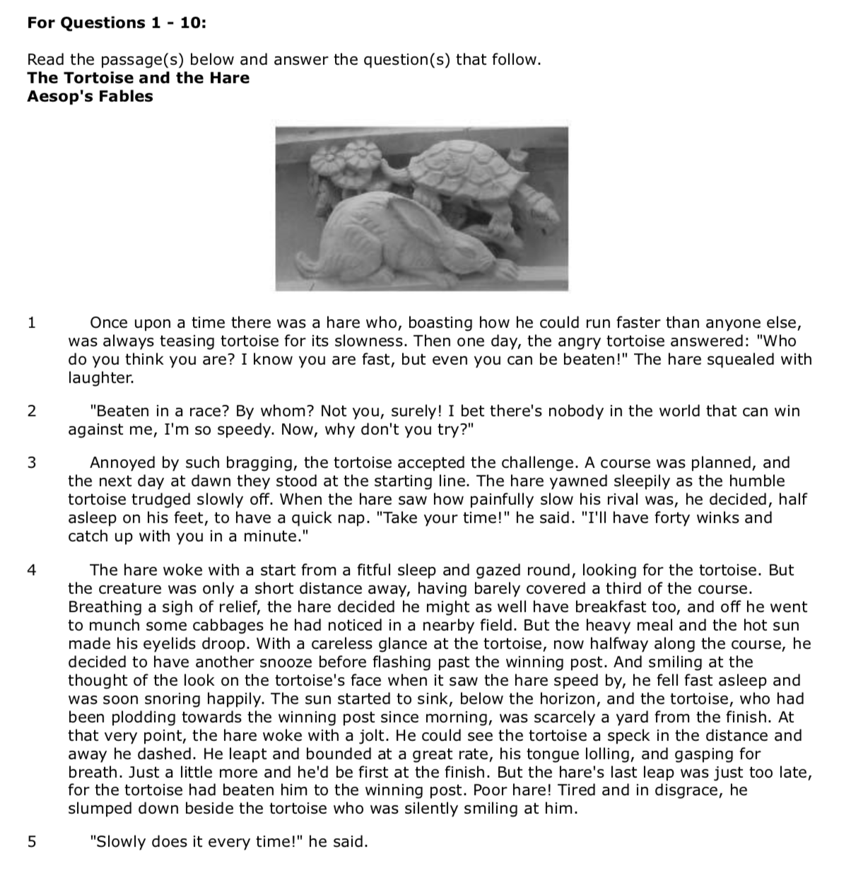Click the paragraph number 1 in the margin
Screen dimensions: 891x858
tap(31, 323)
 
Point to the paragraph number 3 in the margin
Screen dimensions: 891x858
tap(31, 463)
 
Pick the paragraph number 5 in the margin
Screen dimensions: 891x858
tap(31, 842)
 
